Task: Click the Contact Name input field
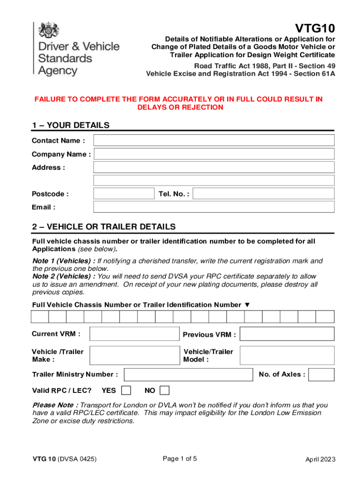pos(214,140)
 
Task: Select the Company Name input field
pos(214,154)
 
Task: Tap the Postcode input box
pos(124,194)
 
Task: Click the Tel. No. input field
pos(263,194)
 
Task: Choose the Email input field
pos(214,207)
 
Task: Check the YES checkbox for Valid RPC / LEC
pos(126,390)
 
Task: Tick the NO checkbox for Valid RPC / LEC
pos(165,390)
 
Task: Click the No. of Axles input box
pos(322,375)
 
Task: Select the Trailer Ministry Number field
pos(188,375)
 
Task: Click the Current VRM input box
pos(134,334)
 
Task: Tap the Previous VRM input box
pos(287,334)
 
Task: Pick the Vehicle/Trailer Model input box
pos(287,356)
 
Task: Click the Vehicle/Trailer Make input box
pos(134,356)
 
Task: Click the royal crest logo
pos(47,32)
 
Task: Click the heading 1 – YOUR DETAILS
pos(71,125)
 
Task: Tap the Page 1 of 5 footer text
pos(180,459)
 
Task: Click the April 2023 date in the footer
pos(320,459)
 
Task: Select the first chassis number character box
pos(40,317)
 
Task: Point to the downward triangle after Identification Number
pos(247,305)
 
